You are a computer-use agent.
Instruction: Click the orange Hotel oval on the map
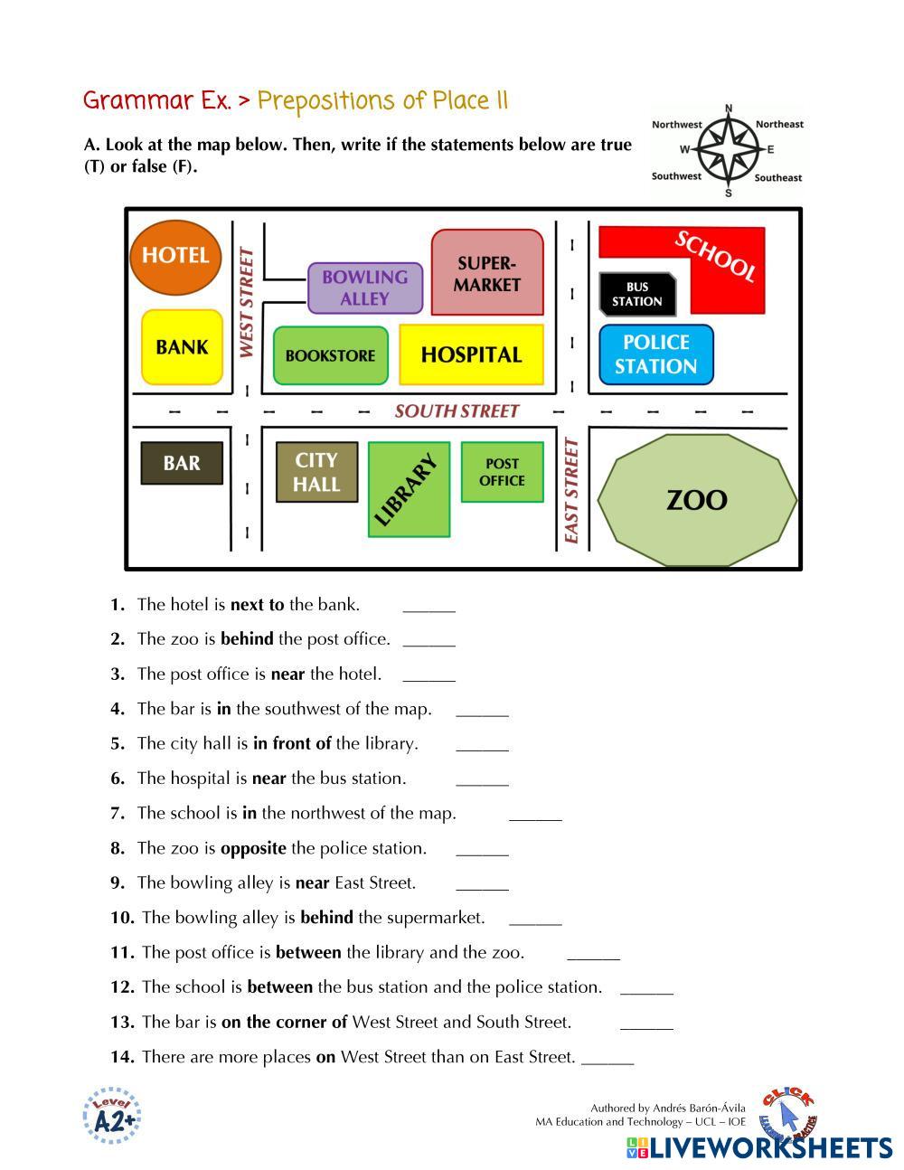click(x=175, y=257)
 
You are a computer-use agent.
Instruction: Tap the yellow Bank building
click(x=182, y=347)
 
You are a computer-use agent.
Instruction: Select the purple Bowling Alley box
click(x=365, y=288)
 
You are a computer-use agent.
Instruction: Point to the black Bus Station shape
click(x=636, y=294)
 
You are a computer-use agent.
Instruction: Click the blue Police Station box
click(x=655, y=354)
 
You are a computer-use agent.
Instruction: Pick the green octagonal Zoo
click(x=696, y=500)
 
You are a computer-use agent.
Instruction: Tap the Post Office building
click(x=502, y=472)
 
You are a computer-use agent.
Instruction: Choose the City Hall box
click(x=316, y=472)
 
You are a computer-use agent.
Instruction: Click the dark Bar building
click(x=182, y=463)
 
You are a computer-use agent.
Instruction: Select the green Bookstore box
click(x=330, y=355)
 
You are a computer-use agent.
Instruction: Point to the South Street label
click(x=457, y=411)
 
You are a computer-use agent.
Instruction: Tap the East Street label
click(x=571, y=491)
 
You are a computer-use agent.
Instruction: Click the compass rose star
click(x=728, y=150)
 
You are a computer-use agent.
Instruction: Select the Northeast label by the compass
click(x=779, y=125)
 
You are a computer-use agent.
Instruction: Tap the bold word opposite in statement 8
click(x=253, y=848)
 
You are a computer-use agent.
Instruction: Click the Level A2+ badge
click(x=113, y=1117)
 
